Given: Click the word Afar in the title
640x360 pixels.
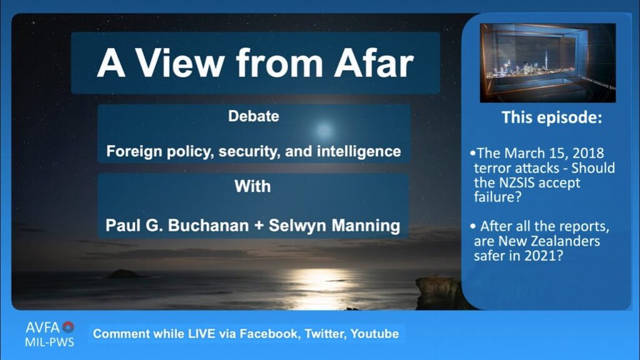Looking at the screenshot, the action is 374,63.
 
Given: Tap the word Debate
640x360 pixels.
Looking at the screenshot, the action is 254,116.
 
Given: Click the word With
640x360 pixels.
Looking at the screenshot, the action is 252,186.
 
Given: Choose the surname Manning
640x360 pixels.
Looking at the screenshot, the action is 365,225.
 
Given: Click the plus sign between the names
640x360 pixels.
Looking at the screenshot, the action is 259,226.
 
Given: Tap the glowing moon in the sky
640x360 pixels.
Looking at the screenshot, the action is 324,130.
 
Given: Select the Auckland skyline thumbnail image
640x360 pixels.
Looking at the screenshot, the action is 547,62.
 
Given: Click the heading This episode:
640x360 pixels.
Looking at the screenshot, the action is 551,117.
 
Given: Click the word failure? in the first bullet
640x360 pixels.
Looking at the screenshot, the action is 497,197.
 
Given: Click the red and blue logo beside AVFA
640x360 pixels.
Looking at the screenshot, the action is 68,327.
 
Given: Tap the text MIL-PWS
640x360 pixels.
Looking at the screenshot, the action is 49,342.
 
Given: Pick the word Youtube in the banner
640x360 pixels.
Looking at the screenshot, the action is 374,334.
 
